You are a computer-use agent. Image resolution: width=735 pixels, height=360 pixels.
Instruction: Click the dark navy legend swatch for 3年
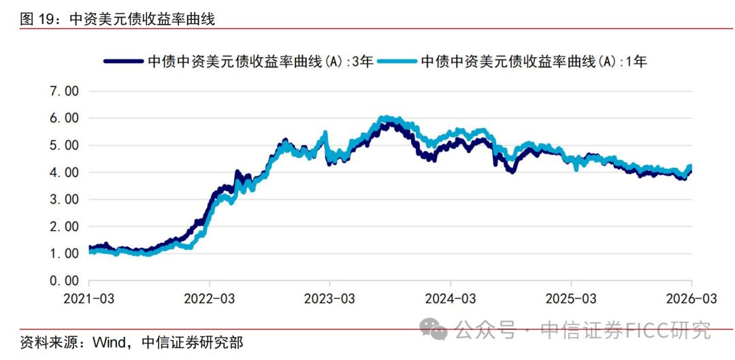125,62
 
